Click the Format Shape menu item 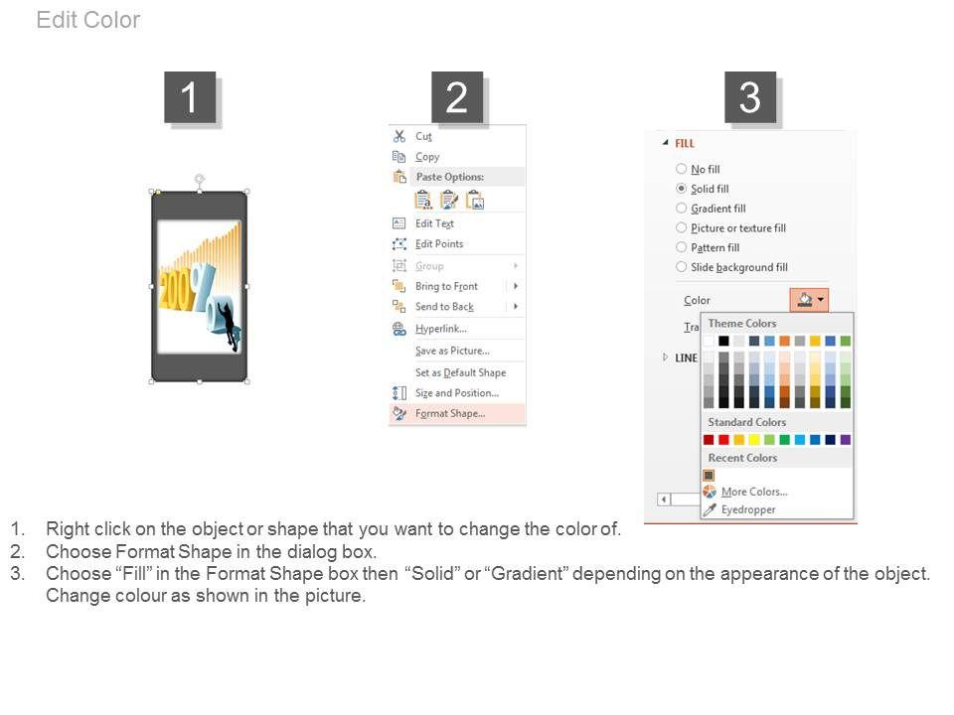click(449, 413)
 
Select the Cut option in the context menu click(423, 136)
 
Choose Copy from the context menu click(427, 156)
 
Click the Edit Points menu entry click(438, 244)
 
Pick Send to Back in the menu click(444, 307)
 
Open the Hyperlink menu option click(440, 329)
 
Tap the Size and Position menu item click(456, 393)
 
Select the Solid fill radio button click(682, 189)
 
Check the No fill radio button click(682, 169)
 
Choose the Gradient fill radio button click(682, 208)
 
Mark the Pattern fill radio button click(682, 247)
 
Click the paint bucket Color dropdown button click(809, 300)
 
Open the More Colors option click(754, 492)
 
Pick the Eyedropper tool click(747, 509)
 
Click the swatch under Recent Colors click(709, 476)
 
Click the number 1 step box click(190, 97)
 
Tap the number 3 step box click(750, 97)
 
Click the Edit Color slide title click(88, 20)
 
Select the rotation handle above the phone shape click(200, 179)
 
